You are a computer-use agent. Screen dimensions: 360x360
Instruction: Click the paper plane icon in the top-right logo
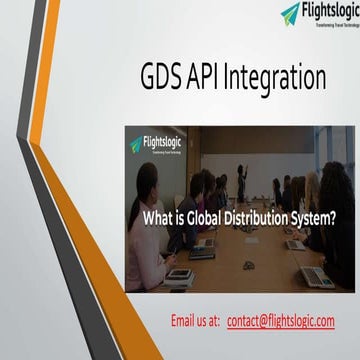[x=290, y=13]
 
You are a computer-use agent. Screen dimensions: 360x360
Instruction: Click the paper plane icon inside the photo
[x=137, y=145]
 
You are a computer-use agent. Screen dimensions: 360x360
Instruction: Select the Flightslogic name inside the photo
[x=165, y=142]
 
